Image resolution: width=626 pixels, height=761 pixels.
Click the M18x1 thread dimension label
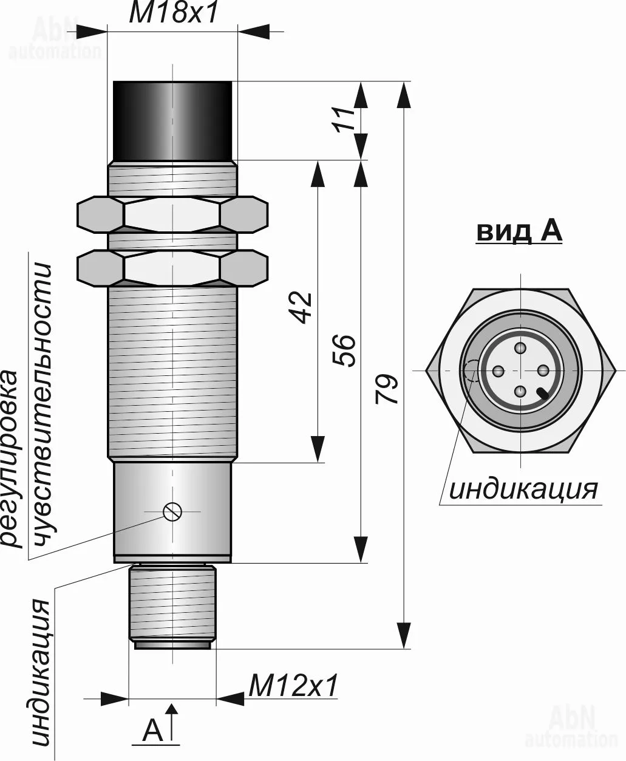173,13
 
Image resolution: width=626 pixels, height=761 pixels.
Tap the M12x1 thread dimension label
293,686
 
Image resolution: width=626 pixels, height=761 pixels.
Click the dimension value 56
345,350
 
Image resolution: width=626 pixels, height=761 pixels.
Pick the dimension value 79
387,389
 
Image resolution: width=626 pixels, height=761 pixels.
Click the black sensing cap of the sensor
173,120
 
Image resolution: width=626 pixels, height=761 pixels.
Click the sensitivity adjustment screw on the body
172,512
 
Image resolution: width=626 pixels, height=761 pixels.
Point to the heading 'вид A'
519,232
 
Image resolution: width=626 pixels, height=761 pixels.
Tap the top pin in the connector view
520,349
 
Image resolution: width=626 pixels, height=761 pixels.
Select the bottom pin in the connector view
520,392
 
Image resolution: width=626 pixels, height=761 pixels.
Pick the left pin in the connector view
498,370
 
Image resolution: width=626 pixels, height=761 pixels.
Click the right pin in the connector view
542,370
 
